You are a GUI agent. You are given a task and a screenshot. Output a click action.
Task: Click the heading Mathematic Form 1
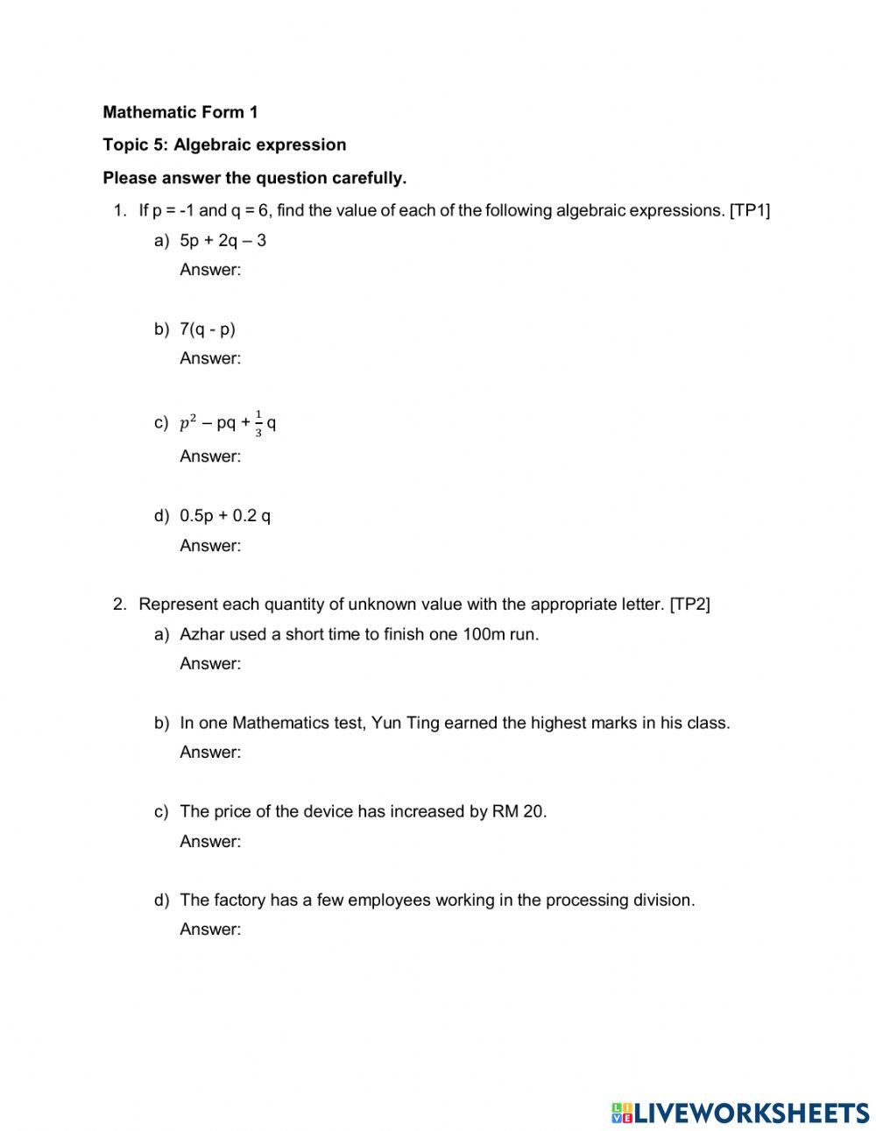click(180, 112)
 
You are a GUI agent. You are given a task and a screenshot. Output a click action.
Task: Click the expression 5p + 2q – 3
click(223, 241)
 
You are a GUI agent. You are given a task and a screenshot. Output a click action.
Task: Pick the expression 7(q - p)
click(208, 329)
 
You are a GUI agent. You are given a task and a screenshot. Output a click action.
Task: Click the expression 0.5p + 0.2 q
click(225, 515)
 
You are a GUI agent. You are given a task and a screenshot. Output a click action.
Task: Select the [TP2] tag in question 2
click(689, 604)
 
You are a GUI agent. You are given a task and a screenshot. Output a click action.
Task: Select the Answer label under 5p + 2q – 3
click(210, 270)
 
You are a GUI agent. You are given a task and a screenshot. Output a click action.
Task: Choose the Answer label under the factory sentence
click(210, 930)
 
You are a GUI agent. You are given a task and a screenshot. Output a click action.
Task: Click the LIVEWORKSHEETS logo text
click(752, 1113)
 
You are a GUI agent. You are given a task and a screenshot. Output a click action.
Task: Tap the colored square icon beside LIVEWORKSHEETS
click(622, 1113)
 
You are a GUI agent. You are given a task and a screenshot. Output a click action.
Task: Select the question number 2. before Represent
click(121, 604)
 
